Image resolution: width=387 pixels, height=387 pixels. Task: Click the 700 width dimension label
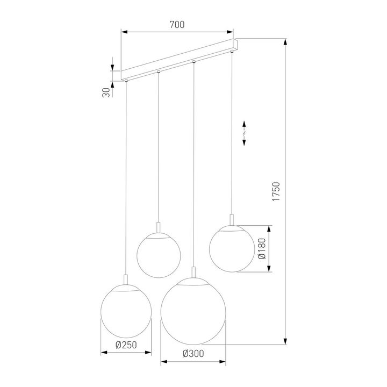coord(177,25)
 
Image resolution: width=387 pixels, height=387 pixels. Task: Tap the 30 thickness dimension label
coord(106,92)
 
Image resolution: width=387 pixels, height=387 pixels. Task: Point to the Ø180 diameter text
coord(262,248)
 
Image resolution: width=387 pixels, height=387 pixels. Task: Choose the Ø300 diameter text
coord(192,353)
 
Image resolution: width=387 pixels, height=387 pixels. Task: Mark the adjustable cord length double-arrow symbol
coord(244,132)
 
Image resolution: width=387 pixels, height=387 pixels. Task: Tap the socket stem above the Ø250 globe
coord(126,280)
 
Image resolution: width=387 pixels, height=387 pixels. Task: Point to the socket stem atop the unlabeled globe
coord(159,227)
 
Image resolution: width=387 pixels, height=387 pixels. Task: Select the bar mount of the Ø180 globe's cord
coord(232,52)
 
